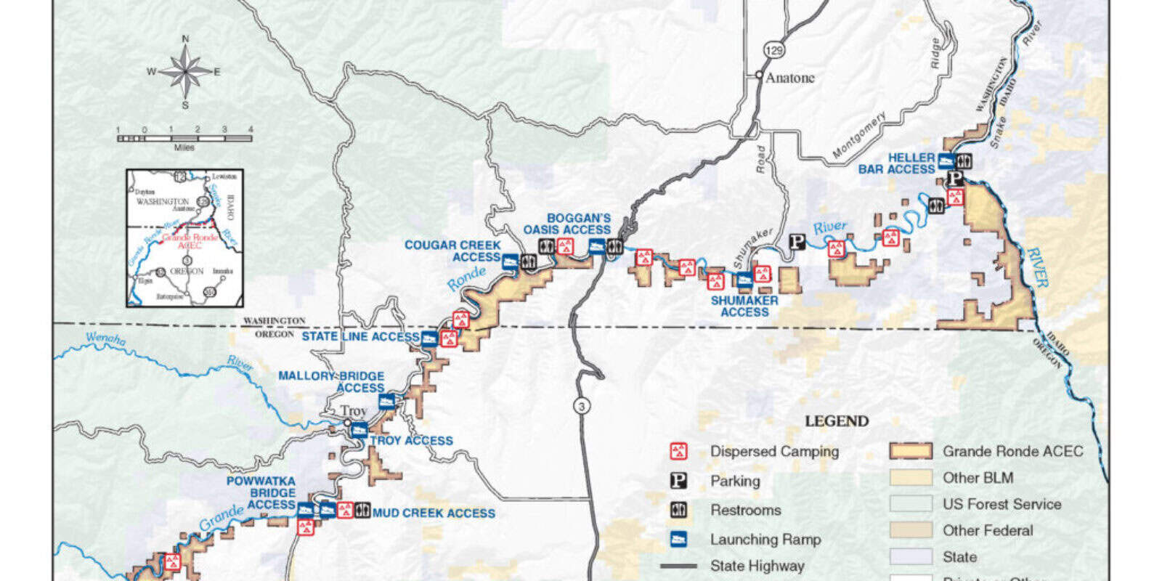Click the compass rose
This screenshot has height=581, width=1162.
[186, 71]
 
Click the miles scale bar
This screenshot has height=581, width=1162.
[184, 137]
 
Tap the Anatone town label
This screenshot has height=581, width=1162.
[790, 78]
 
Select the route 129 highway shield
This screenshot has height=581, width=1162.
[774, 50]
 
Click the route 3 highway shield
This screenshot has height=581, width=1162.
[581, 406]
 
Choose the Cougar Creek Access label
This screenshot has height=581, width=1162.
[453, 251]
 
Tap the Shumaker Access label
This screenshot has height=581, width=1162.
[744, 306]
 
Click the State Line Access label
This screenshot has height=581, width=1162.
[360, 336]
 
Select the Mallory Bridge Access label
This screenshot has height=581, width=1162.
[333, 381]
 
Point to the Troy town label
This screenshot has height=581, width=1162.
[355, 411]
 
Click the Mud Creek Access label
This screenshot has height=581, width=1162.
[434, 513]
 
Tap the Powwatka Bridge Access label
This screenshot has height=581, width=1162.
[262, 492]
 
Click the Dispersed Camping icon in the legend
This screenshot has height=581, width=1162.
[678, 451]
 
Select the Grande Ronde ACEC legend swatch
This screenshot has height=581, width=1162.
[911, 451]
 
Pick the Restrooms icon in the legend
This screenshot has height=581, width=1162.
[678, 510]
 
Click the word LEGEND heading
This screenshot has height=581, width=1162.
[837, 421]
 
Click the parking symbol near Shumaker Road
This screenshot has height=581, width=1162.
[797, 243]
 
